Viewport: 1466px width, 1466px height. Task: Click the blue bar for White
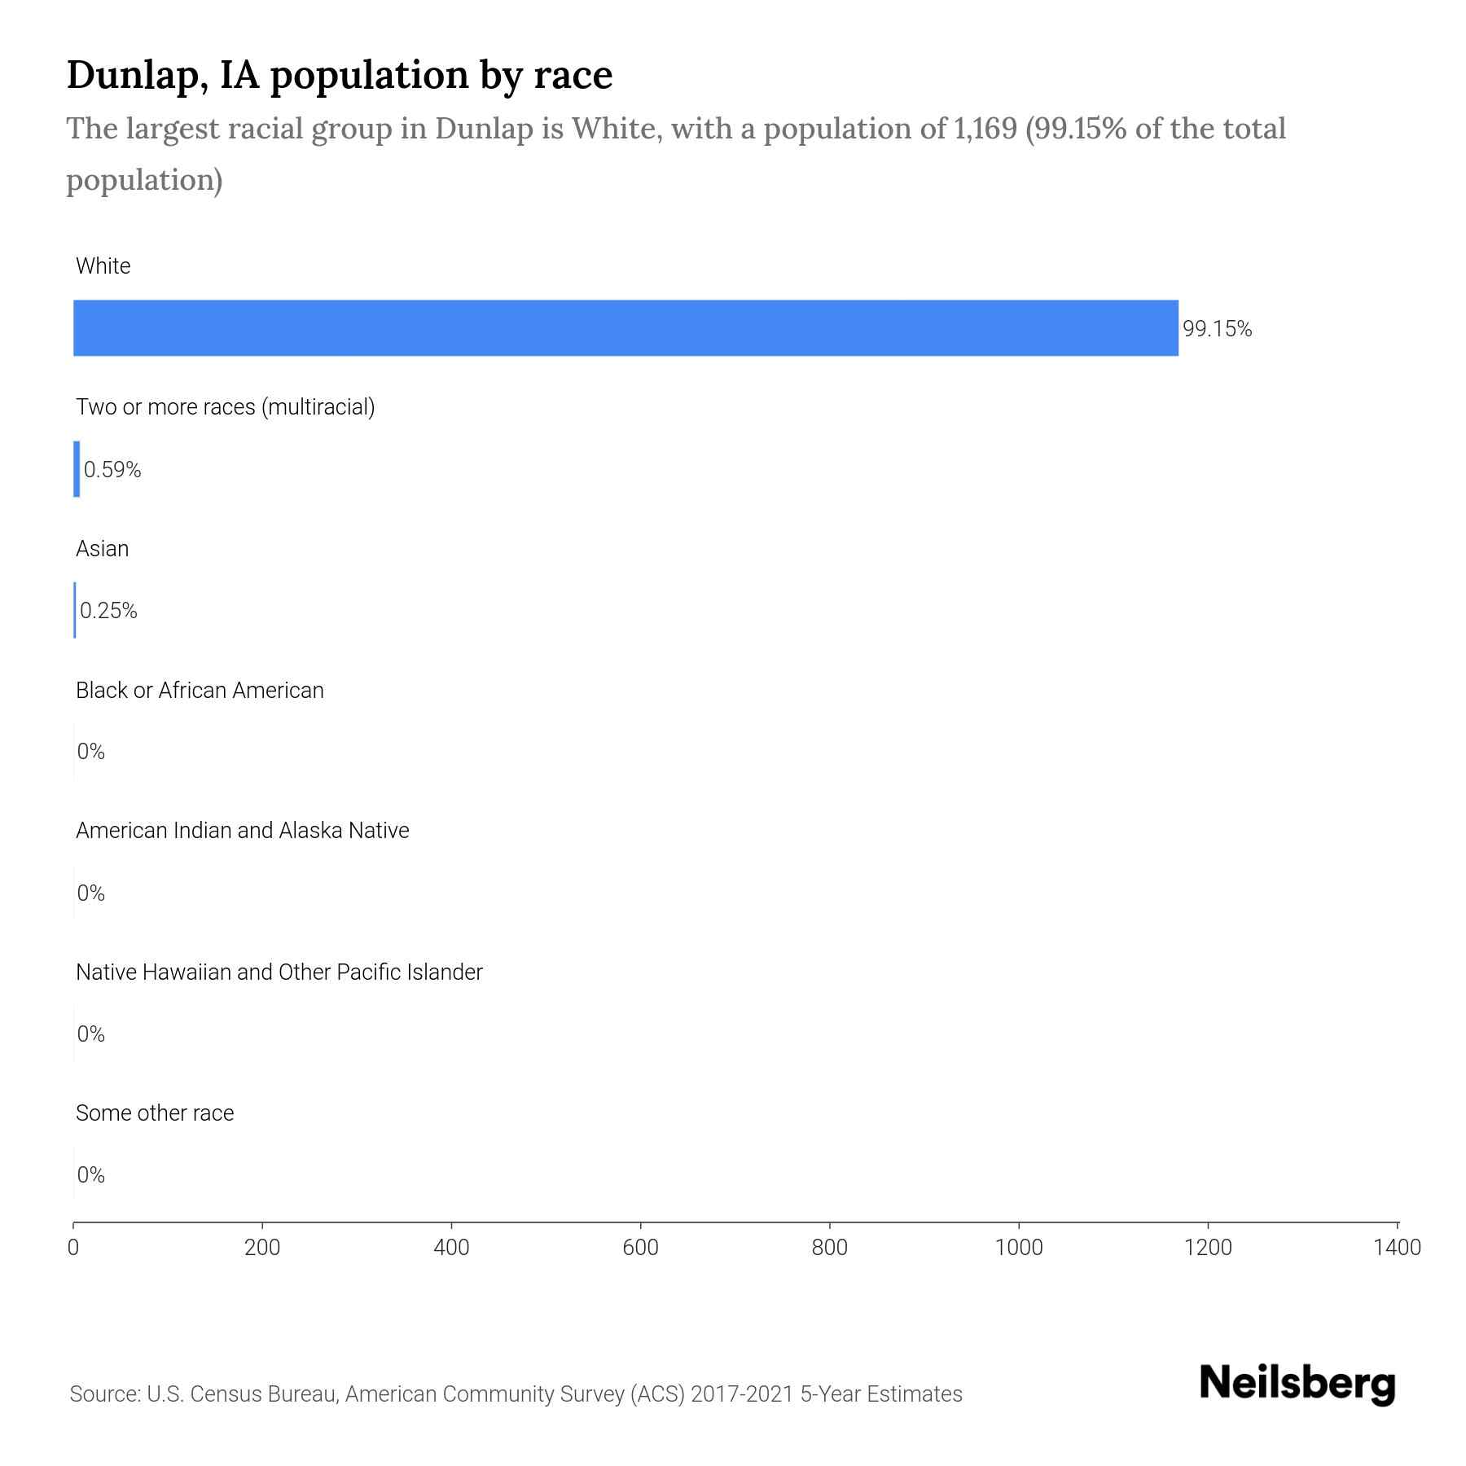625,327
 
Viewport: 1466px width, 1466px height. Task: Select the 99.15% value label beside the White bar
1217,329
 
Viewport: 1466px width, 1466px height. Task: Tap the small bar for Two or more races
77,469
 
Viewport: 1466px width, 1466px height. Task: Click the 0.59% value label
112,470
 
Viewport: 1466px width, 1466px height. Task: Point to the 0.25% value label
108,611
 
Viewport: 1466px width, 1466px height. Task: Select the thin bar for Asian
75,610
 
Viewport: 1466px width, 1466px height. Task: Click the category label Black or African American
200,690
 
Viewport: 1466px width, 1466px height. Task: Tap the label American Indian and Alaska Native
242,831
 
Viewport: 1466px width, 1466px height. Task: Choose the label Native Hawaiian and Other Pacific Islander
279,972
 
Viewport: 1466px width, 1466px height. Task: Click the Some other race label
155,1113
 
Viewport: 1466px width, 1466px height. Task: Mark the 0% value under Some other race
91,1174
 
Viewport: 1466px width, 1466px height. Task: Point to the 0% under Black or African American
91,752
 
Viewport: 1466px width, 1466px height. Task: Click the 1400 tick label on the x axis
1397,1248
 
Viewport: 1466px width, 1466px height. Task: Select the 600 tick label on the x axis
640,1248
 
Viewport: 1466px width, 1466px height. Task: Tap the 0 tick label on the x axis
73,1248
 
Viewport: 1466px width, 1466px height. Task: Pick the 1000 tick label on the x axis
1019,1248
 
